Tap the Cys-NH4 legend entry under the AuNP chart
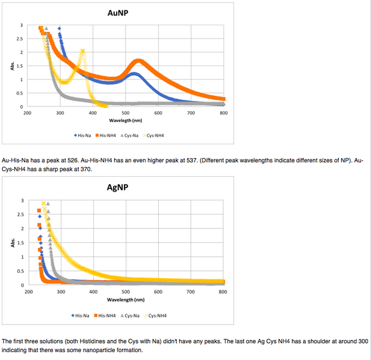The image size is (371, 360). coord(155,135)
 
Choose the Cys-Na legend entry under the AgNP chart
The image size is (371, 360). coord(131,315)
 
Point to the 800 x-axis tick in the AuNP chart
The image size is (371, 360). coord(224,113)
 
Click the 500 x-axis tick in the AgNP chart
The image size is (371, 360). coord(126,291)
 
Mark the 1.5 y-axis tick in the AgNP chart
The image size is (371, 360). coord(22,243)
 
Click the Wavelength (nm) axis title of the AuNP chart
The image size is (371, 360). coord(125,120)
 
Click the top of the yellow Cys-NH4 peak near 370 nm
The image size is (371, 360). coord(82,50)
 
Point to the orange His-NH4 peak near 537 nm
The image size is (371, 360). coord(139,61)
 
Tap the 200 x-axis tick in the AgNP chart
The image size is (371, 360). coord(28,291)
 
